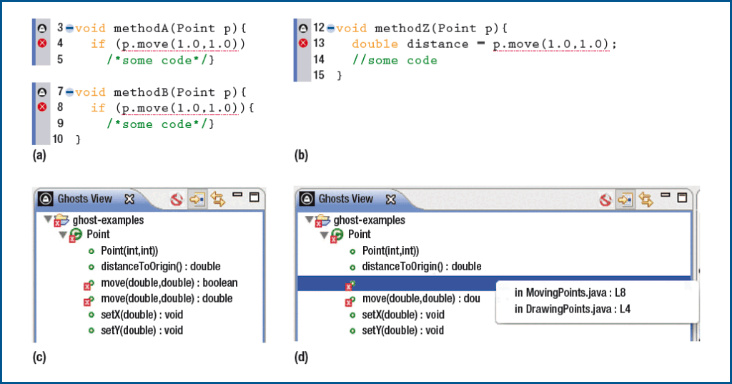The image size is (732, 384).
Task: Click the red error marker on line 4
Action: click(42, 44)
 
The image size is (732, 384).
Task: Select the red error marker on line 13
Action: click(303, 44)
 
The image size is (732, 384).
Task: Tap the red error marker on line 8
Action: click(42, 107)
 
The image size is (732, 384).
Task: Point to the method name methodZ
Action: click(402, 28)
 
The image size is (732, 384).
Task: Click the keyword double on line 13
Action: click(375, 44)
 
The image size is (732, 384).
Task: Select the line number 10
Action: click(57, 139)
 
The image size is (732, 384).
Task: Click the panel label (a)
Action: click(39, 155)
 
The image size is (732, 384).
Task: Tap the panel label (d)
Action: click(301, 358)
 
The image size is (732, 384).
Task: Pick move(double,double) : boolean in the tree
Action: click(169, 282)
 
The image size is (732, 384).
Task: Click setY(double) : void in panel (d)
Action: click(403, 330)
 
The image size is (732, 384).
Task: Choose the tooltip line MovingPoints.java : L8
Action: click(570, 293)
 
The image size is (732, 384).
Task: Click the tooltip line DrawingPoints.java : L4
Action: click(573, 309)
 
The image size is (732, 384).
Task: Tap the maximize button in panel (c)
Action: click(254, 197)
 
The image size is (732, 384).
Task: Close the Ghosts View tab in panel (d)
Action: click(391, 200)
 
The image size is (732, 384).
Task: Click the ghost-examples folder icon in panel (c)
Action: click(61, 220)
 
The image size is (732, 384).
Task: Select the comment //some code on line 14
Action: click(395, 60)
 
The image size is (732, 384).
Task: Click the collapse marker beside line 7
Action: click(69, 92)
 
